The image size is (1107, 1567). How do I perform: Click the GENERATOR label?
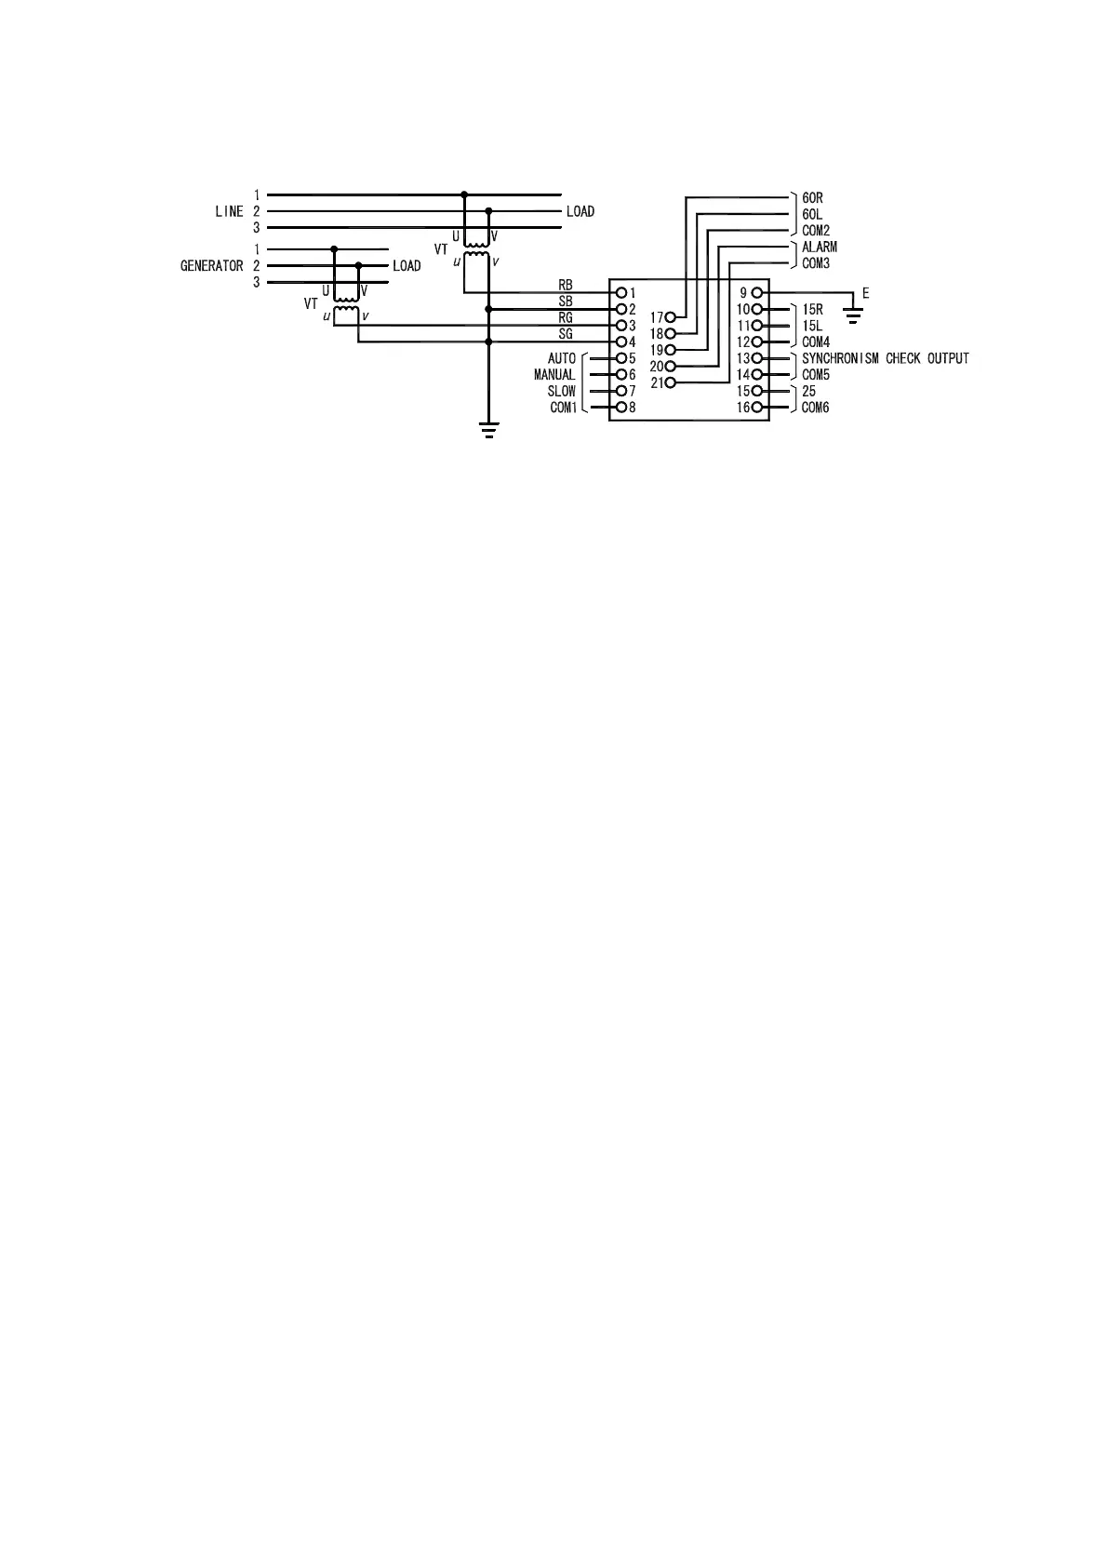click(211, 266)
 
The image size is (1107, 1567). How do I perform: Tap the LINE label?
click(229, 212)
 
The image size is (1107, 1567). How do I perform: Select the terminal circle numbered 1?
click(621, 293)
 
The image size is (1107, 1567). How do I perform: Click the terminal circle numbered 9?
click(756, 293)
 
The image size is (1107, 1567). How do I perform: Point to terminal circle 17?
click(670, 317)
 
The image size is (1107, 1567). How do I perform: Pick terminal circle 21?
click(670, 382)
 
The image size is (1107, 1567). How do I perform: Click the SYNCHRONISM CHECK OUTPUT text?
click(885, 358)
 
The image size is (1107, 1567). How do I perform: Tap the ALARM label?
click(819, 248)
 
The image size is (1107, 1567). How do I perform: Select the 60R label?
click(812, 198)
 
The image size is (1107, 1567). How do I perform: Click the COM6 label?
click(815, 408)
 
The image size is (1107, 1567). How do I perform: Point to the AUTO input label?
click(562, 358)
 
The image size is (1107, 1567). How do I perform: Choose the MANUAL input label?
click(554, 375)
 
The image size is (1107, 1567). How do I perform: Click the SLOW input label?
click(561, 392)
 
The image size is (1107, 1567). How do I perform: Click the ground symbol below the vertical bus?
click(488, 429)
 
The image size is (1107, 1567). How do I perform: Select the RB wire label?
click(566, 286)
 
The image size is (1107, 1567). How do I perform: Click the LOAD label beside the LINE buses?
click(580, 212)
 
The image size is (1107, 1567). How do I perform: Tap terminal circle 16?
click(756, 408)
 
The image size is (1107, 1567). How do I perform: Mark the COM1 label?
click(563, 408)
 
